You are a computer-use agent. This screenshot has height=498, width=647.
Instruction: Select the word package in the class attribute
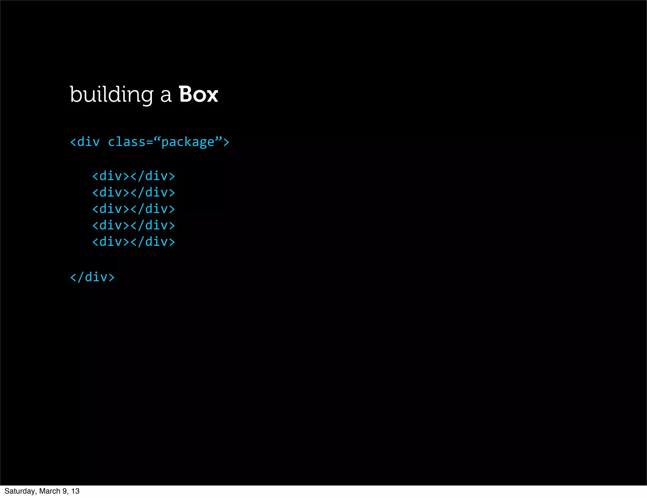click(x=188, y=143)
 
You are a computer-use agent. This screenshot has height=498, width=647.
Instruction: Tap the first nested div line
click(x=133, y=176)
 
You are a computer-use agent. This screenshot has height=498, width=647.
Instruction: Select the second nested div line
click(x=133, y=192)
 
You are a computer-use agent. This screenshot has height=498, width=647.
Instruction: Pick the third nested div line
click(x=133, y=209)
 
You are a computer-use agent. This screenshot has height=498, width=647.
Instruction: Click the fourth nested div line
click(x=133, y=225)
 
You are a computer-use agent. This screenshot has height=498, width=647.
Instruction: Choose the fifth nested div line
click(x=133, y=242)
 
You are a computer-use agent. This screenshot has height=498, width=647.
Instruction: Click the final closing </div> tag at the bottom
click(x=92, y=277)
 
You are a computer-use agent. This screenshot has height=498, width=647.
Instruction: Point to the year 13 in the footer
click(x=75, y=491)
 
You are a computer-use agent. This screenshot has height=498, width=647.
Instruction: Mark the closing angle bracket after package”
click(x=226, y=142)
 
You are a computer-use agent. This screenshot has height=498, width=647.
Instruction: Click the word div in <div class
click(x=88, y=142)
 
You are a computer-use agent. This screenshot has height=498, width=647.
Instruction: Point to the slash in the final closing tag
click(x=81, y=277)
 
